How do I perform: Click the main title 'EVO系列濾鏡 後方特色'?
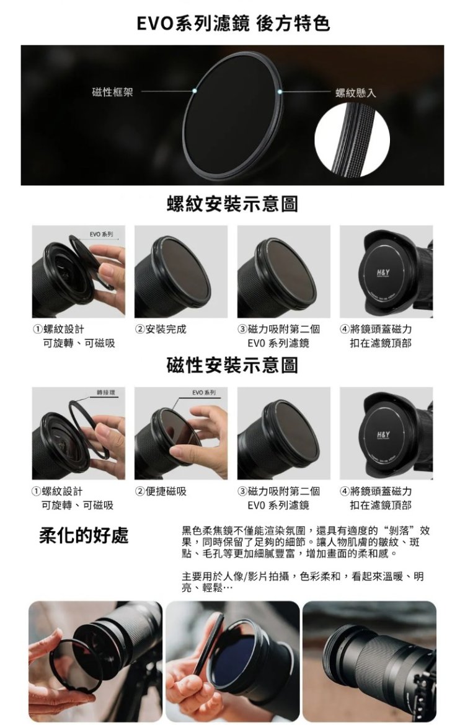pyautogui.click(x=232, y=23)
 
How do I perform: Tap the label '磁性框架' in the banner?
pyautogui.click(x=112, y=92)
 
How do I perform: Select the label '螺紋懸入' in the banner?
pyautogui.click(x=356, y=93)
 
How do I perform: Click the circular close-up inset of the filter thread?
pyautogui.click(x=352, y=139)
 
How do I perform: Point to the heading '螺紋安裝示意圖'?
pyautogui.click(x=232, y=204)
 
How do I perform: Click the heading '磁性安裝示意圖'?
pyautogui.click(x=232, y=365)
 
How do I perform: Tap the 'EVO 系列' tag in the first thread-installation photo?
pyautogui.click(x=101, y=234)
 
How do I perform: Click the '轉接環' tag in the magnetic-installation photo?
pyautogui.click(x=106, y=393)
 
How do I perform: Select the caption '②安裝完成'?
pyautogui.click(x=161, y=329)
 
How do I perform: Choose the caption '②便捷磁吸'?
pyautogui.click(x=161, y=491)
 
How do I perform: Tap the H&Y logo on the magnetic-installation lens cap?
pyautogui.click(x=383, y=436)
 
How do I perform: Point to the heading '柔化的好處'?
pyautogui.click(x=84, y=535)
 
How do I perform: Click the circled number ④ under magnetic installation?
pyautogui.click(x=344, y=491)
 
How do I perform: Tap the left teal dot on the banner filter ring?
pyautogui.click(x=195, y=91)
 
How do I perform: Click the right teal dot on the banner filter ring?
pyautogui.click(x=280, y=92)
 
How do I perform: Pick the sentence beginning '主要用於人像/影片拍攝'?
pyautogui.click(x=303, y=582)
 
